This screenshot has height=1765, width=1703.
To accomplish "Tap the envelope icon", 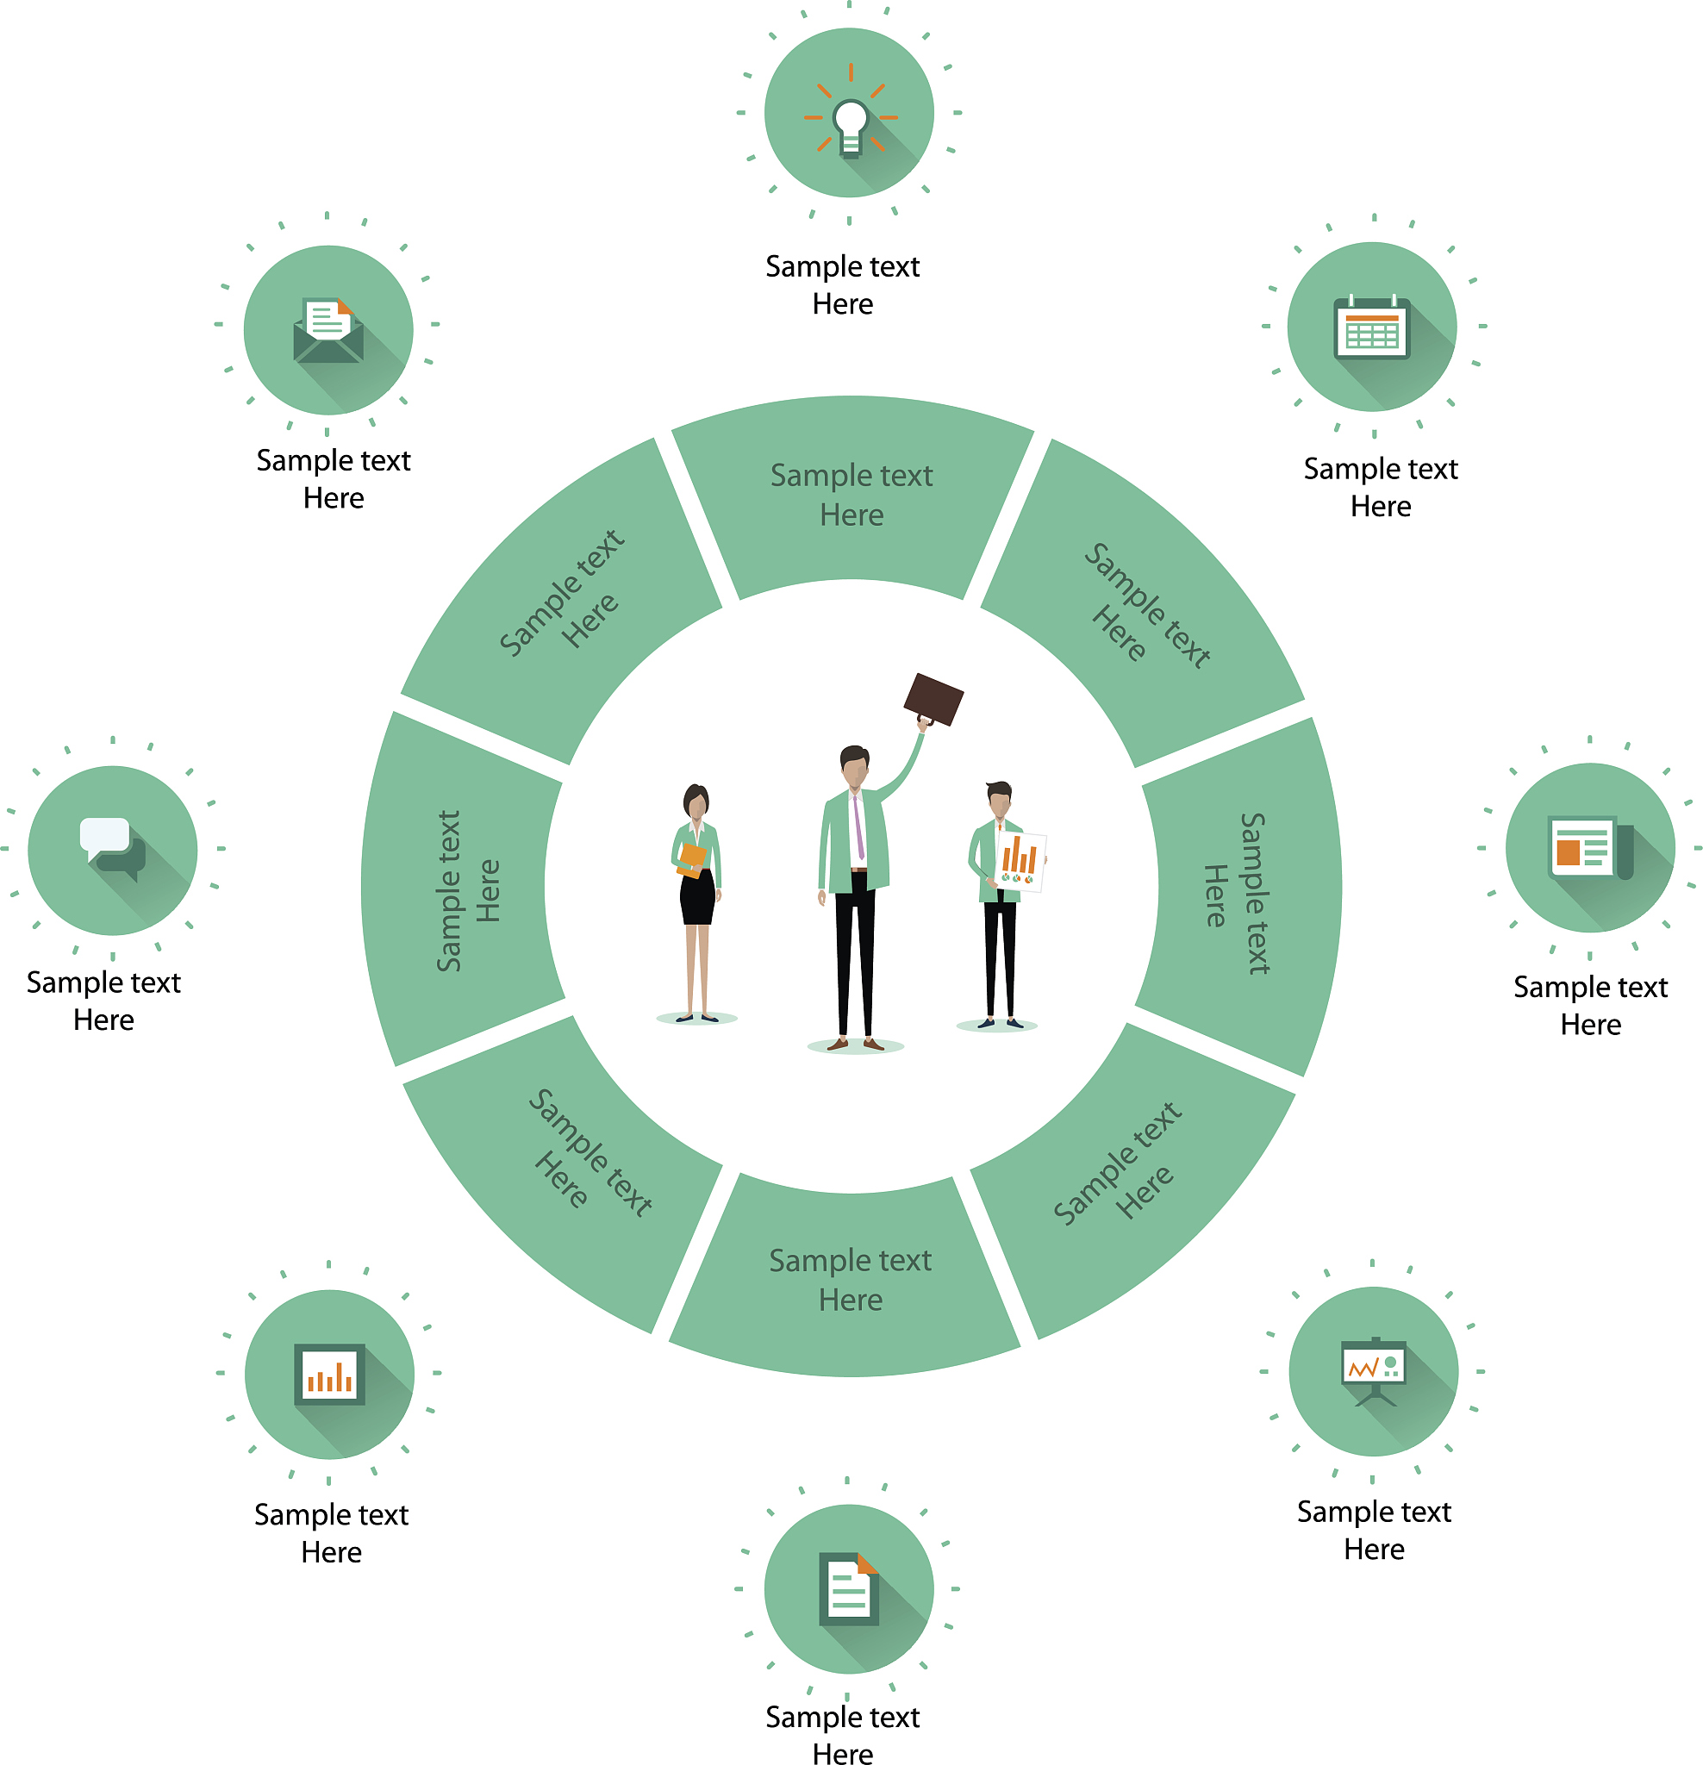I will point(327,330).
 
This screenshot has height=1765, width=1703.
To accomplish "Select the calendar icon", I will point(1370,327).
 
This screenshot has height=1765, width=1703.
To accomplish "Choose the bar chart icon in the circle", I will point(329,1373).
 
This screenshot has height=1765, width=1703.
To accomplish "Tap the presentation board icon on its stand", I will point(1373,1369).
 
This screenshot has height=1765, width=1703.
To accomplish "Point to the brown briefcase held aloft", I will point(933,700).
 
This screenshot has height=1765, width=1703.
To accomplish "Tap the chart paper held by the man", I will point(1020,860).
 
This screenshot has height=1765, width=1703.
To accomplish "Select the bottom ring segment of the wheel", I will point(849,1280).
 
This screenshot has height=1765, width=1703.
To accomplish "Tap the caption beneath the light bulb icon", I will point(842,284).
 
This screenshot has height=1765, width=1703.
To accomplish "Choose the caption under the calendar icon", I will point(1380,487).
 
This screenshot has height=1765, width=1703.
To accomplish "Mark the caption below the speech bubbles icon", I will point(103,1001).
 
